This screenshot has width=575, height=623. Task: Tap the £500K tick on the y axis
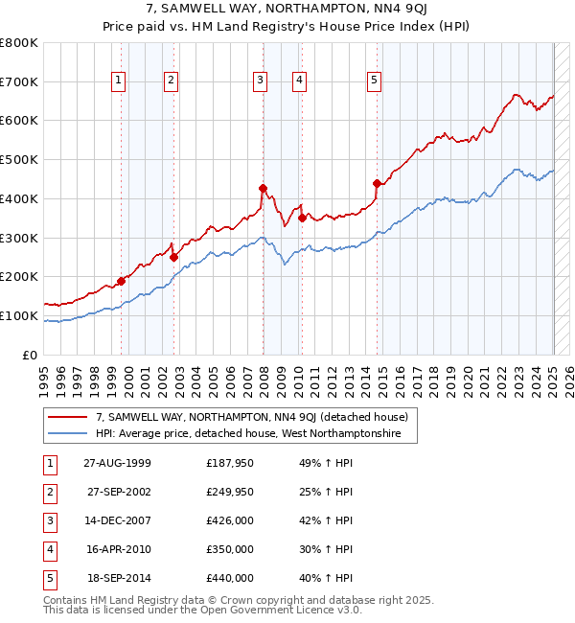click(x=19, y=159)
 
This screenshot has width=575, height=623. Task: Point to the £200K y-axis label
click(x=19, y=276)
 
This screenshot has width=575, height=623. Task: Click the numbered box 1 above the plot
click(x=118, y=81)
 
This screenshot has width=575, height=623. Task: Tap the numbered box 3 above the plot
click(x=260, y=81)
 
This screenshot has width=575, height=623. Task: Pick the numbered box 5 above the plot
click(x=373, y=81)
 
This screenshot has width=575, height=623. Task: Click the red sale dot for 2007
click(x=263, y=189)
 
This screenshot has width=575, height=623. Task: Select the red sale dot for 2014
click(x=377, y=183)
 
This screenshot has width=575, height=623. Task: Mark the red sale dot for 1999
click(x=122, y=281)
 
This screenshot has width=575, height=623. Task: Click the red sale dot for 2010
click(x=302, y=218)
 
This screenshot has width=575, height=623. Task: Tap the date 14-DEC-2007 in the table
click(x=118, y=520)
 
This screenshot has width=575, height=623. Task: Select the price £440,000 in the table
click(x=230, y=578)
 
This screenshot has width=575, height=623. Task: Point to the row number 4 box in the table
click(x=48, y=549)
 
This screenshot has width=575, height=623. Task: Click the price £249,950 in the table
click(x=230, y=492)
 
